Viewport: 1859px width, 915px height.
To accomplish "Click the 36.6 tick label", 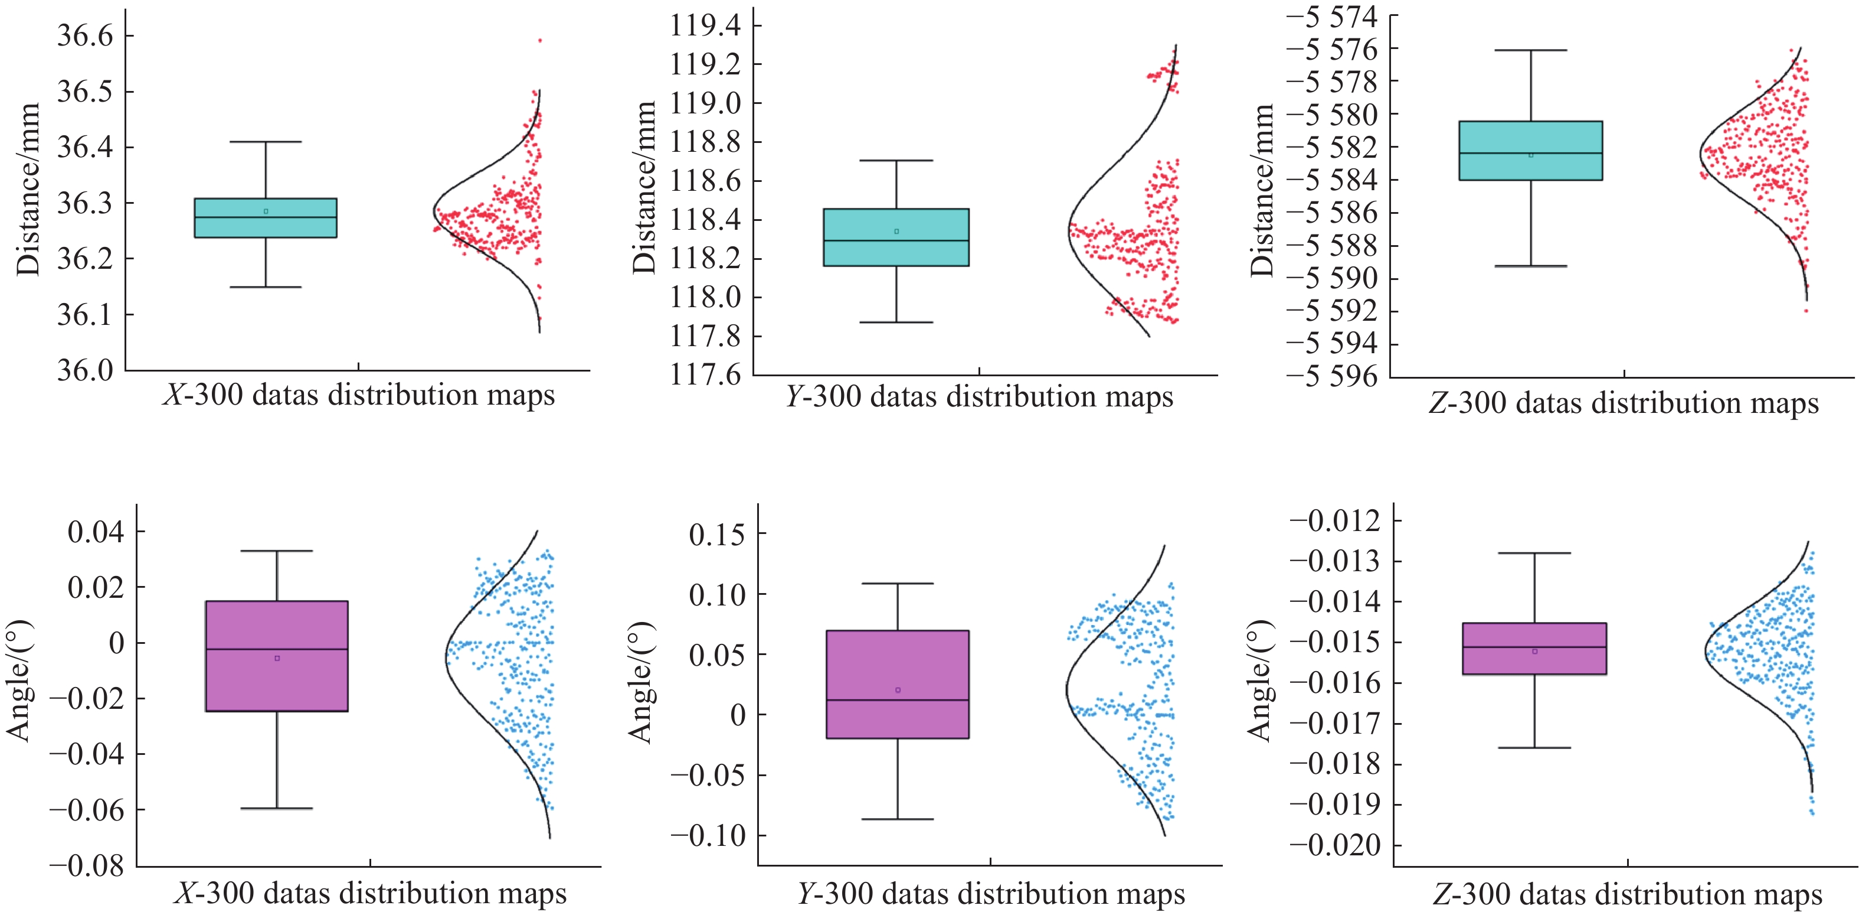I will click(85, 35).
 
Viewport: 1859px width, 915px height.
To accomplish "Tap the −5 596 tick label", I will click(1331, 376).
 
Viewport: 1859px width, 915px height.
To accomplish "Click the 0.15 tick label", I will click(716, 535).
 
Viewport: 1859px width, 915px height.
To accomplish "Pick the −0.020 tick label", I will click(1335, 845).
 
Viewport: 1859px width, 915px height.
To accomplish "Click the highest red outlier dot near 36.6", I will click(540, 40).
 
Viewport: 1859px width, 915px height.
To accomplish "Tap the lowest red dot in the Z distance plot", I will click(1806, 311).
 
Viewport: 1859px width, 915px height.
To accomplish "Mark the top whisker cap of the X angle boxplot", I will click(276, 551).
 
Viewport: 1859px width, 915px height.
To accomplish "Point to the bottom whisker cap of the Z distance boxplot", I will click(1531, 266).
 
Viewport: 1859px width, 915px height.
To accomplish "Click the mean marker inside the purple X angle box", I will click(277, 658).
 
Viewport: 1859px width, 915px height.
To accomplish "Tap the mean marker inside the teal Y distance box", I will click(896, 231).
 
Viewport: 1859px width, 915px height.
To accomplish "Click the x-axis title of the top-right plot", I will click(1624, 403).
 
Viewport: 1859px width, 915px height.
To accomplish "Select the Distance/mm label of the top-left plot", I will click(28, 189).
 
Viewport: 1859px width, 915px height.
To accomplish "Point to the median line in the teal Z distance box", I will click(1531, 153).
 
